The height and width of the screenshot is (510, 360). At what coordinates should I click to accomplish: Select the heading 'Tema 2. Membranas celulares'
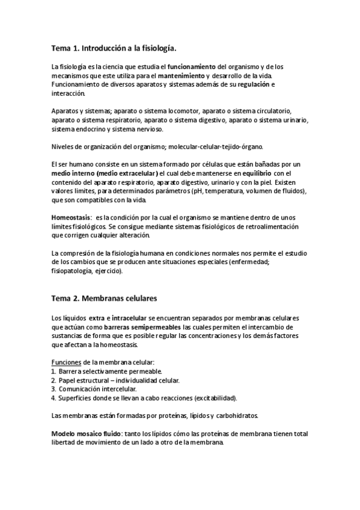106,296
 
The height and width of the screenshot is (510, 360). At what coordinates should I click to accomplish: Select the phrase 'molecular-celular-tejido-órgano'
216,147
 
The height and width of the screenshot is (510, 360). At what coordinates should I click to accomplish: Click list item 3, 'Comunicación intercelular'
97,389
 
